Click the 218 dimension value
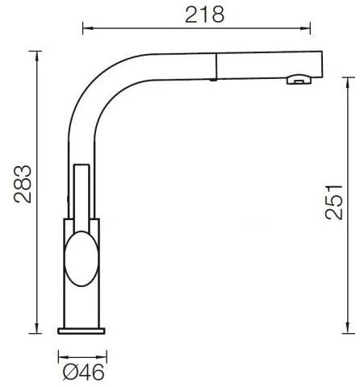pyautogui.click(x=204, y=15)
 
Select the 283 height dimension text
pyautogui.click(x=23, y=184)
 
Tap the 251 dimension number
pyautogui.click(x=334, y=202)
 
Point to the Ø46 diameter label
pyautogui.click(x=83, y=372)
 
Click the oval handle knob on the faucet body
pyautogui.click(x=82, y=259)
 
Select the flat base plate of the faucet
pyautogui.click(x=82, y=331)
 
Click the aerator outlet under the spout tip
pyautogui.click(x=299, y=79)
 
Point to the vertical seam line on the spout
pyautogui.click(x=216, y=66)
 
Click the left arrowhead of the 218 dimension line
pyautogui.click(x=87, y=27)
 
